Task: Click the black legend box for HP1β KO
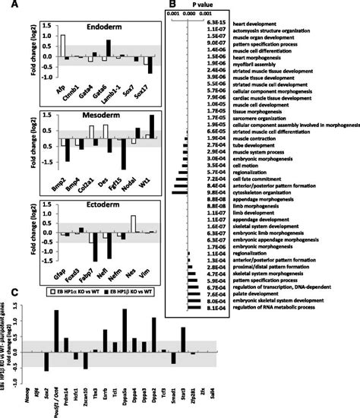(x=103, y=290)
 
